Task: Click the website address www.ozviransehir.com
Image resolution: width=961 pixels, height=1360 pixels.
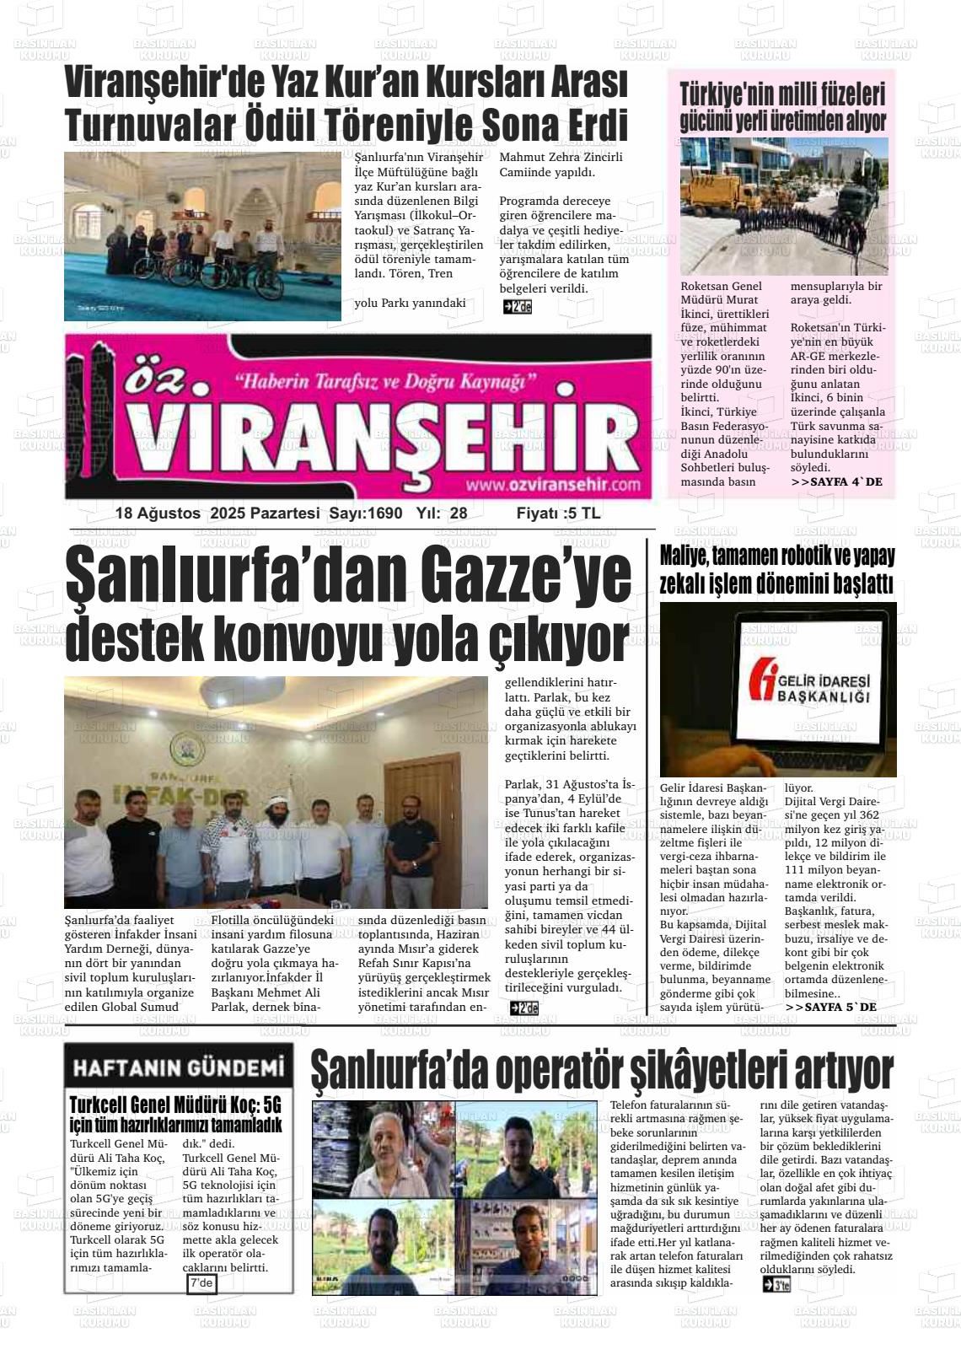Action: (x=552, y=485)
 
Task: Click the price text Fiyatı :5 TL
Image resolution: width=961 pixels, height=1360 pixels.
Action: (x=558, y=513)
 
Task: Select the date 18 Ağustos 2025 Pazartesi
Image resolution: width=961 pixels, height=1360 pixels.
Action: (x=217, y=513)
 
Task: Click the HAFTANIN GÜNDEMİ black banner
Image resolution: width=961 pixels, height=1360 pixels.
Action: (x=178, y=1068)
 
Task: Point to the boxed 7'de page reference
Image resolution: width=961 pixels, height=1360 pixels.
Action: (x=202, y=1283)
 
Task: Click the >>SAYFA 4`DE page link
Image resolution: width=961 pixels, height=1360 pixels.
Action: (x=836, y=482)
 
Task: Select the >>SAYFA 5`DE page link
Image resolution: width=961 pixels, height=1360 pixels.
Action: (x=830, y=1008)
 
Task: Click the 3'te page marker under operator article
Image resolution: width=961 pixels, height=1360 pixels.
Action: (x=776, y=1285)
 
